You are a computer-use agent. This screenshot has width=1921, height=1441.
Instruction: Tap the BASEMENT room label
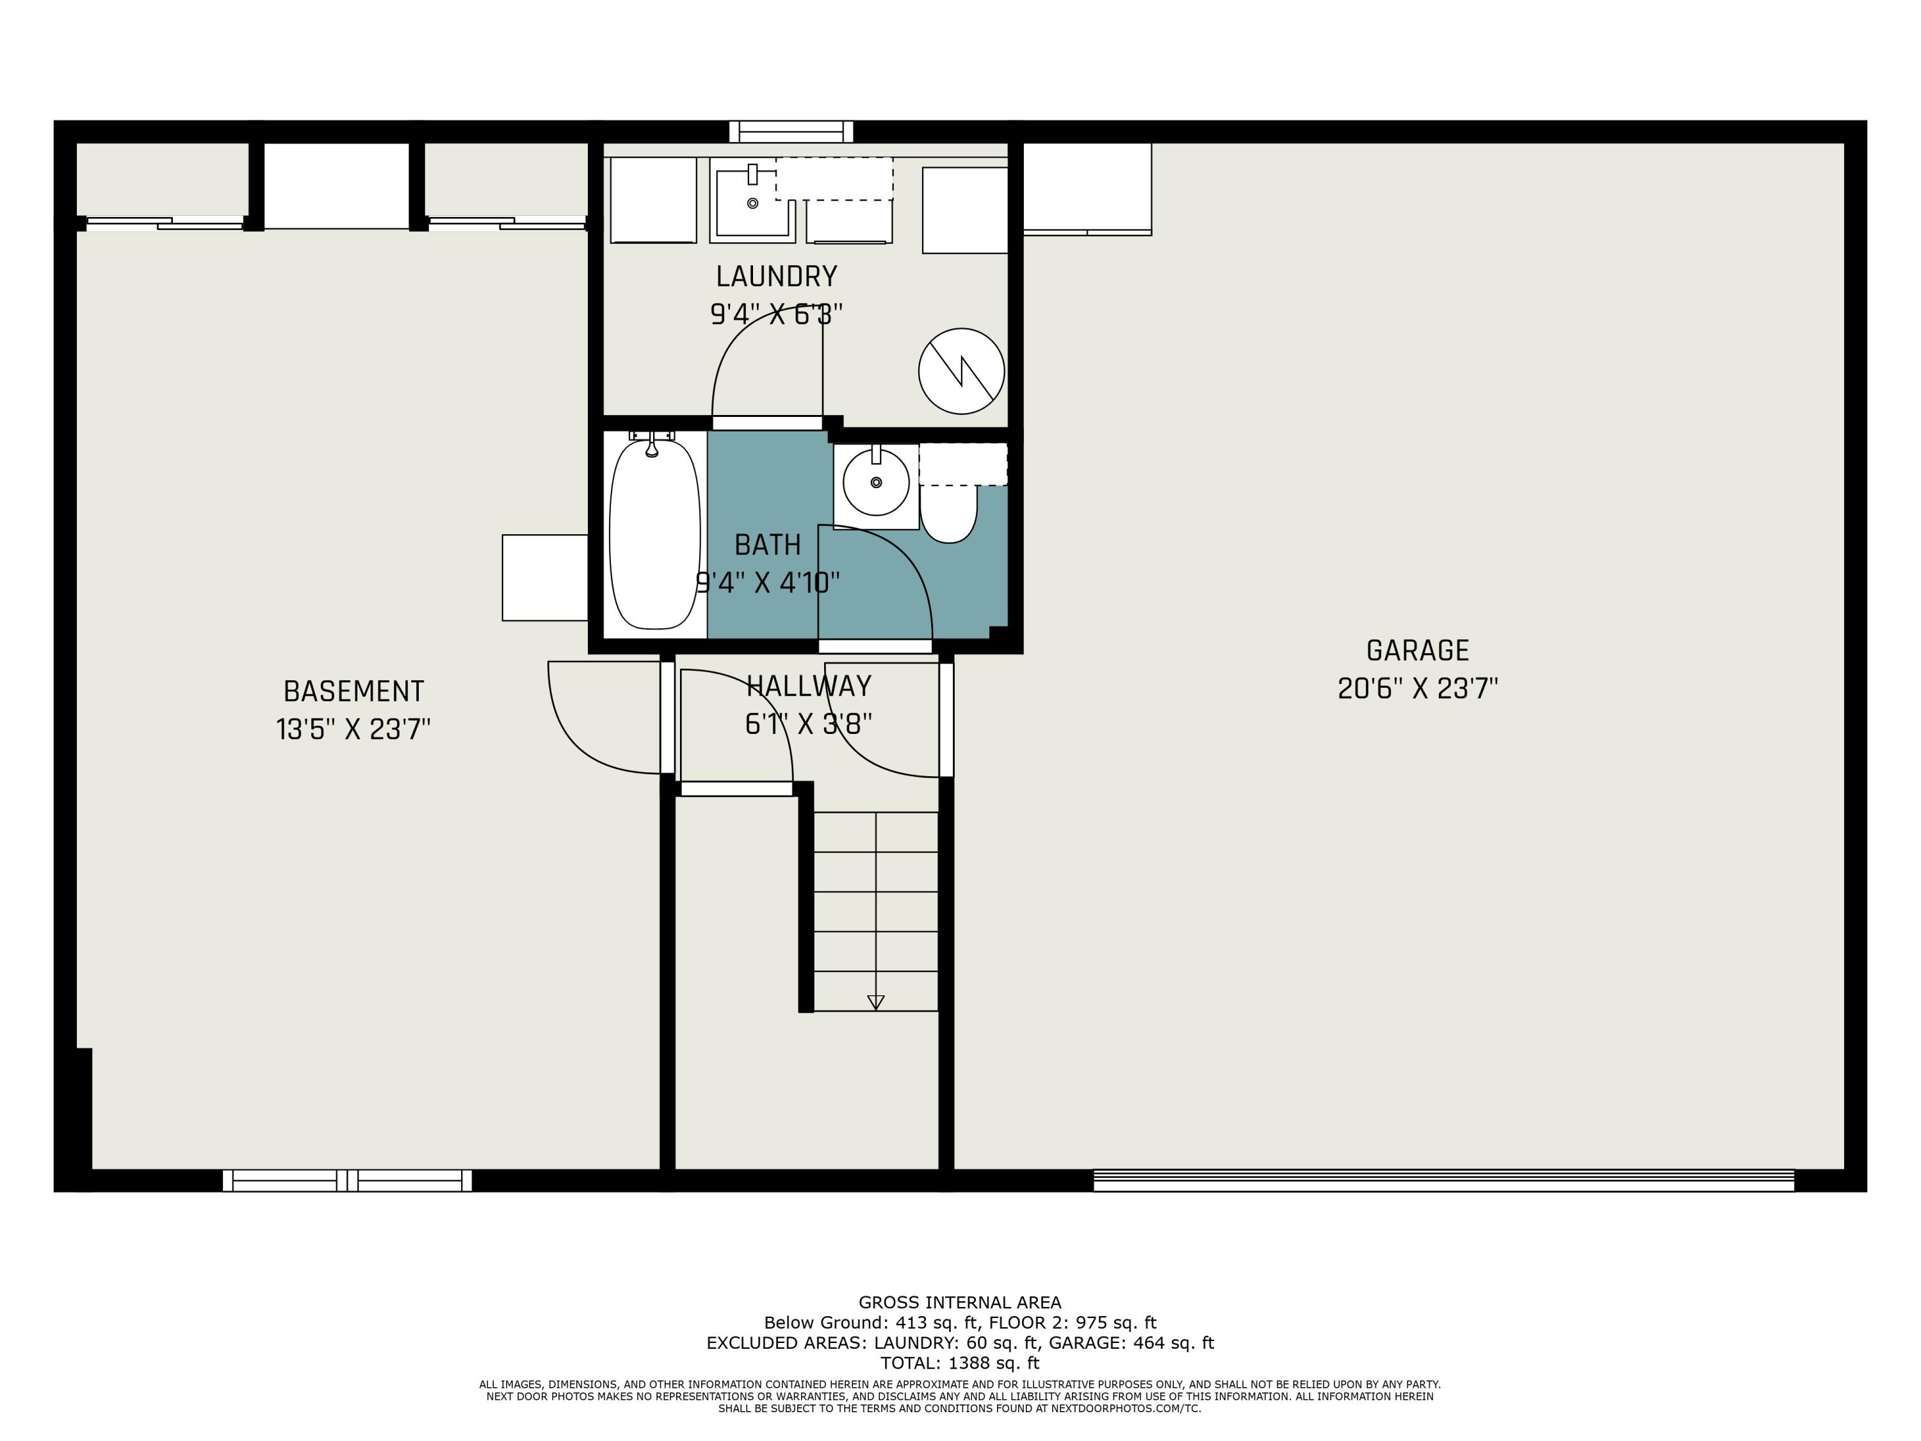[353, 692]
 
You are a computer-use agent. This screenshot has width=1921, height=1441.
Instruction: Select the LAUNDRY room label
[776, 276]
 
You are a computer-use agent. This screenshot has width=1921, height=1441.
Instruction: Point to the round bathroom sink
[875, 483]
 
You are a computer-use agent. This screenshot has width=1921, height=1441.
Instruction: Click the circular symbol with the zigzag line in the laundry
[961, 371]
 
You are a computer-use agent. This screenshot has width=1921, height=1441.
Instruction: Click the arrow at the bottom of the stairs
[875, 1002]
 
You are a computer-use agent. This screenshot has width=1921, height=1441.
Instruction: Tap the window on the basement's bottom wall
[347, 1180]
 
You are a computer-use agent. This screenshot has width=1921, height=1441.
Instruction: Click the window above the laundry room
[791, 132]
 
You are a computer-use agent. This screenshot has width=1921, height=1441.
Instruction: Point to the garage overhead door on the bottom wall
[1443, 1180]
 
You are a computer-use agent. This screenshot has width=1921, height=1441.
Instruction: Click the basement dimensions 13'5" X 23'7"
[353, 729]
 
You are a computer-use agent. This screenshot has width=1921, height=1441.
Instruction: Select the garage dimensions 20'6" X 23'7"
[1417, 688]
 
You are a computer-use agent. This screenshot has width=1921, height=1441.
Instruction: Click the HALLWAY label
[809, 686]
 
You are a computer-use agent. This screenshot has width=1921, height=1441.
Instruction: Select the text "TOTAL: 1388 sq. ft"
[960, 1363]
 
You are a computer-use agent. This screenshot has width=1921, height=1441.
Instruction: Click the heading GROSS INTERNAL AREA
[960, 1302]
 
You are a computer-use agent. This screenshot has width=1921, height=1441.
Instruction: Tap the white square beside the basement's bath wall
[544, 578]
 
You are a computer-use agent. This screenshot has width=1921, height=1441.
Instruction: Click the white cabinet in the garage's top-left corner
[1087, 188]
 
